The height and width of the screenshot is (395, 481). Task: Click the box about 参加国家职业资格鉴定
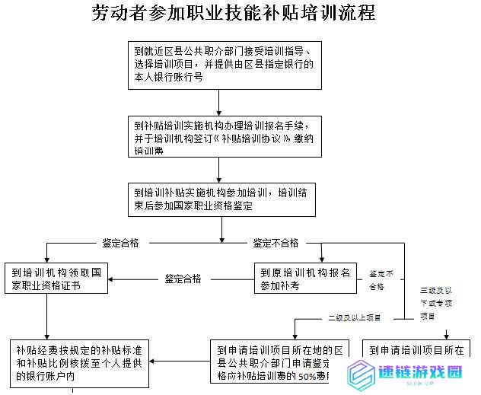point(221,199)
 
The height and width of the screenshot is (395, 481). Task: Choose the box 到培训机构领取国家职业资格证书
point(57,279)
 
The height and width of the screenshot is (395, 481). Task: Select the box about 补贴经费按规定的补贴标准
point(79,362)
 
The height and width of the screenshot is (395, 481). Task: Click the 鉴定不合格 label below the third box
point(276,244)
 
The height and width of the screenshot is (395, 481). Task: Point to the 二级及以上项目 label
point(355,317)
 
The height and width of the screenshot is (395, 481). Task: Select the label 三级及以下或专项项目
point(438,303)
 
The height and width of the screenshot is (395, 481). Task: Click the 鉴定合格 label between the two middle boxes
point(183,279)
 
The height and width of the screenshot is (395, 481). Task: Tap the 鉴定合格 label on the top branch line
point(121,244)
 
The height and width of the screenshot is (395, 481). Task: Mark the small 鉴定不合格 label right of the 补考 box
point(381,280)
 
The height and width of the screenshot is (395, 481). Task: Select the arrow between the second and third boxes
point(219,170)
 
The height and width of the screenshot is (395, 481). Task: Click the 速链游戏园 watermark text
point(420,372)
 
